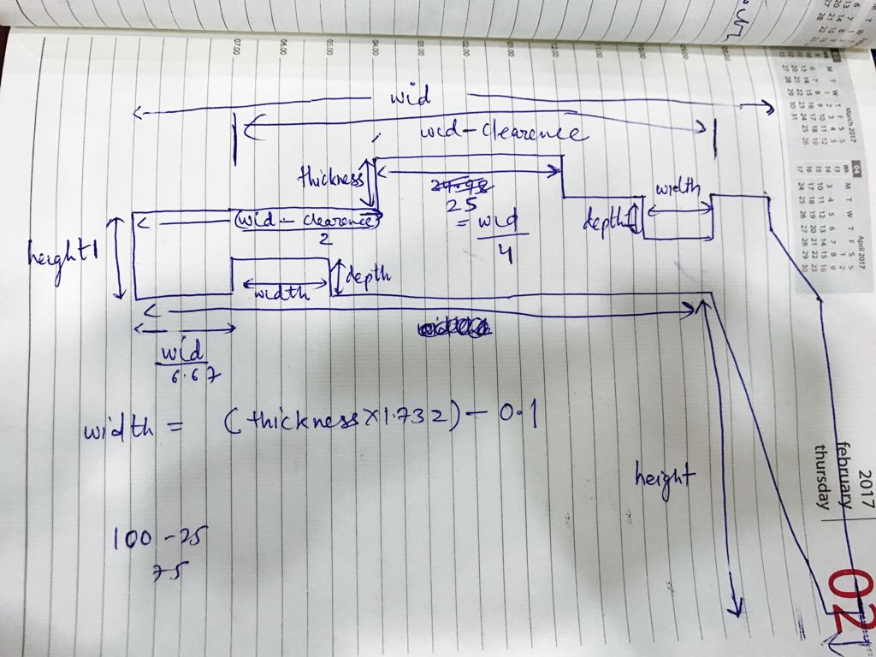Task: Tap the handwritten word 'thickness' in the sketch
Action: pos(330,179)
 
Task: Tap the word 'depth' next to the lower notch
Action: pos(367,275)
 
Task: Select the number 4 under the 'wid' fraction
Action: pos(504,254)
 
